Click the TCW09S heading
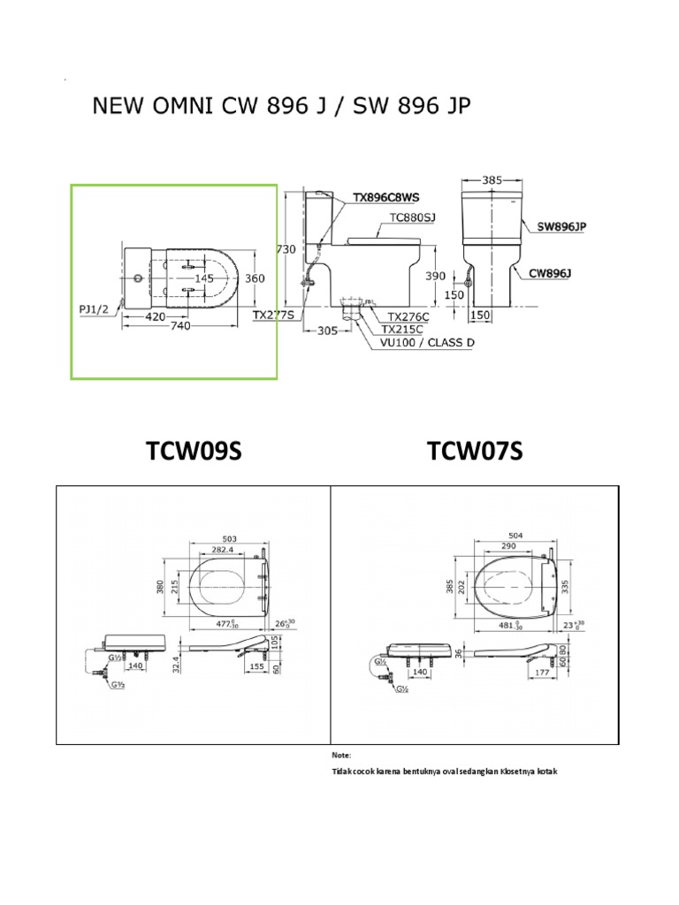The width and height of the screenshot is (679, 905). click(194, 452)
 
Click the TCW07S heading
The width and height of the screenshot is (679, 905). click(475, 452)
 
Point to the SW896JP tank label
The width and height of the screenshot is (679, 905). click(562, 226)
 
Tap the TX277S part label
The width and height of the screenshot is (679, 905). click(274, 313)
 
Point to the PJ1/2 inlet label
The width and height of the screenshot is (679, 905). click(94, 308)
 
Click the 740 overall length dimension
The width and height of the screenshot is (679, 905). click(181, 326)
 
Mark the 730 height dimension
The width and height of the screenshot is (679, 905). click(286, 250)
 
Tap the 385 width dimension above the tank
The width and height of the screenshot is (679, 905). click(492, 179)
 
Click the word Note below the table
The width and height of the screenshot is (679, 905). click(341, 756)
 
